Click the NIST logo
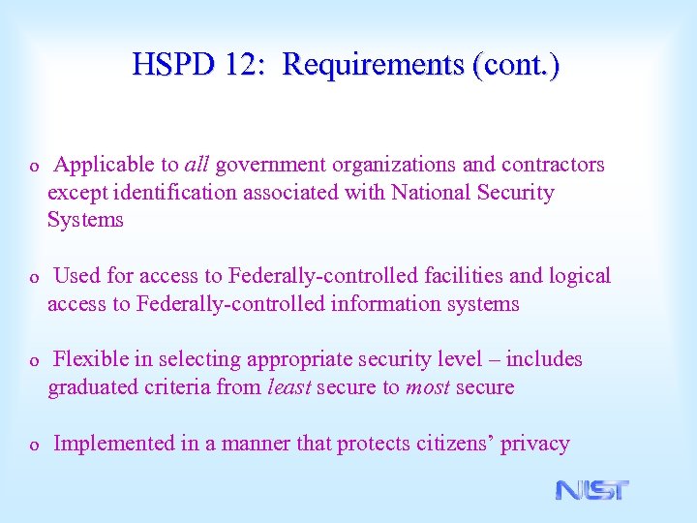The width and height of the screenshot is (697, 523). (x=591, y=490)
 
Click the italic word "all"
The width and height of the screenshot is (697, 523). (x=197, y=165)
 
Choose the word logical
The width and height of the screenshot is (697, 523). (x=580, y=276)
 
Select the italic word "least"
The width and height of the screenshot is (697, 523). (x=288, y=387)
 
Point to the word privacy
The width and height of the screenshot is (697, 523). (x=534, y=444)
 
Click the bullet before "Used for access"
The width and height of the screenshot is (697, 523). (x=34, y=278)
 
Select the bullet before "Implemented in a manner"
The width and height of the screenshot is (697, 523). (x=34, y=446)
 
